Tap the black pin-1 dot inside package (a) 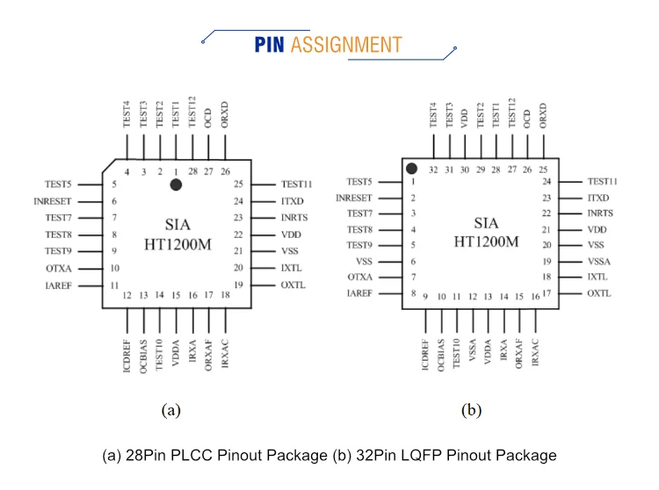[176, 184]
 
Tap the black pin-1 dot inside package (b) [410, 168]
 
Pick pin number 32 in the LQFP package [433, 170]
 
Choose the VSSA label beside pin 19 [600, 261]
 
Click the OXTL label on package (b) [599, 293]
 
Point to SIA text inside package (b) [486, 223]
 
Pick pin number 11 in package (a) [114, 285]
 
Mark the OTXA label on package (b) [361, 277]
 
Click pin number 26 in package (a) [226, 171]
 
